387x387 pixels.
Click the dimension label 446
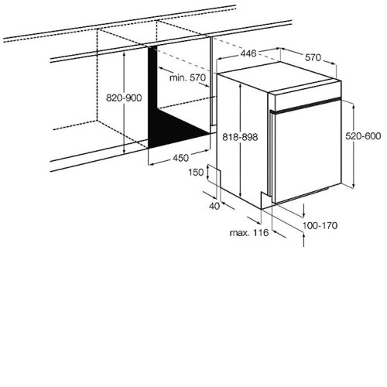[248, 53]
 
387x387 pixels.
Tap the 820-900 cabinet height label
[124, 98]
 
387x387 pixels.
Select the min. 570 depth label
[188, 77]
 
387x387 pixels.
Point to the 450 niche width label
[180, 158]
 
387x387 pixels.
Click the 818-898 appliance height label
[240, 137]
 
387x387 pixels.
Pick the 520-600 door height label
[363, 136]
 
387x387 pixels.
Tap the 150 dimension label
[196, 172]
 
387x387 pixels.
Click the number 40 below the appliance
[214, 206]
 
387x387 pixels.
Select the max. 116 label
[249, 233]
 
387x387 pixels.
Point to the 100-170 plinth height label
[320, 226]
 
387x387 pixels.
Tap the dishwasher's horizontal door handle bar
[306, 105]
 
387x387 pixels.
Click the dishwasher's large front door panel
[308, 152]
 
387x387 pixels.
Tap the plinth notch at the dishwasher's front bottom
[265, 200]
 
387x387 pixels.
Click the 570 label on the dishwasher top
[313, 57]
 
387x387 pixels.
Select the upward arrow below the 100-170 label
[304, 240]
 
